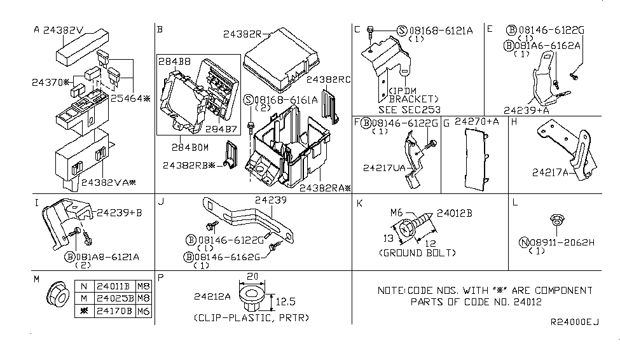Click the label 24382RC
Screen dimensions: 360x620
(329, 80)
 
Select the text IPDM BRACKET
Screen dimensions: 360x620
(414, 95)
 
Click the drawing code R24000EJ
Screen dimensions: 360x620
(574, 322)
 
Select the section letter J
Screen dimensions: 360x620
(162, 203)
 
